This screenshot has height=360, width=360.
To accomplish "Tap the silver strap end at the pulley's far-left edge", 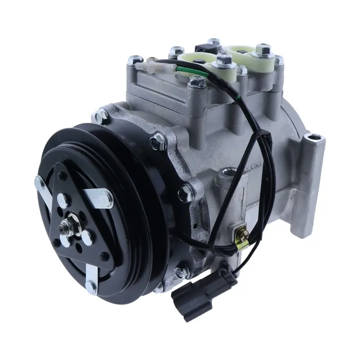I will tap(39, 181).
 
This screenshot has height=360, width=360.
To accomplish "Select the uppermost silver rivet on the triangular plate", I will tap(63, 198).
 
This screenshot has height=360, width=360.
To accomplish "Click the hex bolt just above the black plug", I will tap(183, 271).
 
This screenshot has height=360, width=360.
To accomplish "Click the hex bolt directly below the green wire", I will tap(197, 82).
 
